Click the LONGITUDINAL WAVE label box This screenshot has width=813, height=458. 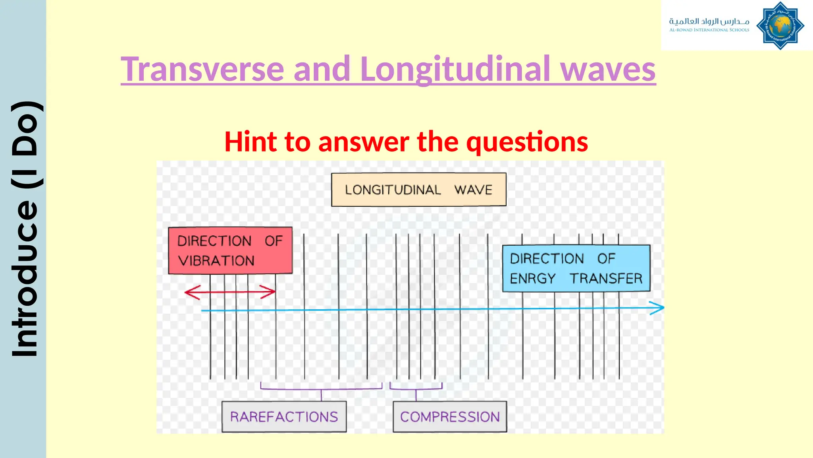pyautogui.click(x=418, y=190)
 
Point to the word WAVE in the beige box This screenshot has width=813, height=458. pyautogui.click(x=473, y=190)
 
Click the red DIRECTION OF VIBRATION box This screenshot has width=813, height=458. pyautogui.click(x=230, y=250)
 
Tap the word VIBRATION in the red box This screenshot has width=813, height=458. pyautogui.click(x=216, y=261)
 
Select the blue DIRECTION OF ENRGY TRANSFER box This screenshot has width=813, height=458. pyautogui.click(x=576, y=268)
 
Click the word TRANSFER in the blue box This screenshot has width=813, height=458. pyautogui.click(x=606, y=279)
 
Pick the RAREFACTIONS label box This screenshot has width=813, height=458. pyautogui.click(x=284, y=417)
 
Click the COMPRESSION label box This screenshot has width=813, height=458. pyautogui.click(x=450, y=417)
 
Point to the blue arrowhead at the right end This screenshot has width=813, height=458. pyautogui.click(x=658, y=308)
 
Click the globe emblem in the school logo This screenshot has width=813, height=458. pyautogui.click(x=780, y=26)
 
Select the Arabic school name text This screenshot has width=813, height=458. pyautogui.click(x=709, y=21)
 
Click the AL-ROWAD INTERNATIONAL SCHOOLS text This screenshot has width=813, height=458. pyautogui.click(x=709, y=30)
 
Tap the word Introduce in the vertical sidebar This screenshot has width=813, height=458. pyautogui.click(x=25, y=278)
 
